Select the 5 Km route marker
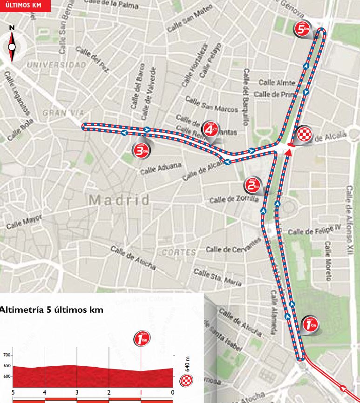click(x=302, y=29)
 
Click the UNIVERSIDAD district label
click(x=57, y=64)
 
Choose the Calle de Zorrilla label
click(x=233, y=199)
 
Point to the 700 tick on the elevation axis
click(x=6, y=355)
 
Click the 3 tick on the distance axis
click(x=76, y=392)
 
